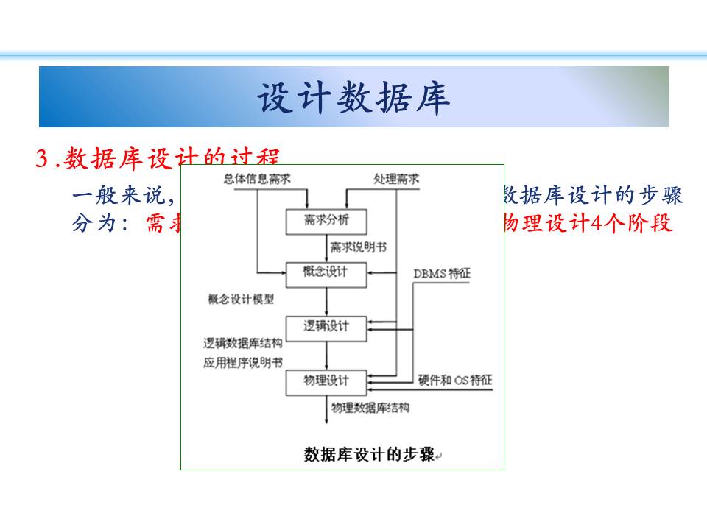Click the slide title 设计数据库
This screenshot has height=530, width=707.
353,98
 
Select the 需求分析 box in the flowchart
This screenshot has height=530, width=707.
326,221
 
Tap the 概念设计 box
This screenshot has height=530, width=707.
326,273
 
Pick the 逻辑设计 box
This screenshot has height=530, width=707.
326,327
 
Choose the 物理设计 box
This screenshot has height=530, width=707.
326,381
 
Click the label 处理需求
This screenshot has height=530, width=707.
396,179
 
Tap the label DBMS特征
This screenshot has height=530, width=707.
441,274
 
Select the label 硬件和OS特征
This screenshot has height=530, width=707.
454,381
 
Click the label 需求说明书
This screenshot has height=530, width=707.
358,247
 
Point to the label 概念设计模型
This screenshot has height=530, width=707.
241,300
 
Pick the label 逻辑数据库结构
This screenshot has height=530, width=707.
242,343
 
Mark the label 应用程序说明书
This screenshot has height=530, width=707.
242,363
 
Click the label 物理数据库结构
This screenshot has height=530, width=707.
370,407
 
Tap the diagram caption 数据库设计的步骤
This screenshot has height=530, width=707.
369,454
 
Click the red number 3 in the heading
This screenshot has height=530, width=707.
42,158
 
